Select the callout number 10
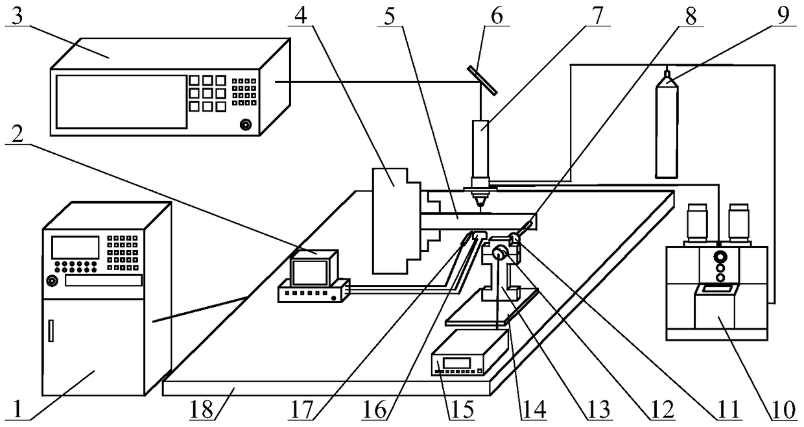click(784, 410)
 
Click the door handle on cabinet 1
click(51, 330)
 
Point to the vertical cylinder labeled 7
click(481, 149)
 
